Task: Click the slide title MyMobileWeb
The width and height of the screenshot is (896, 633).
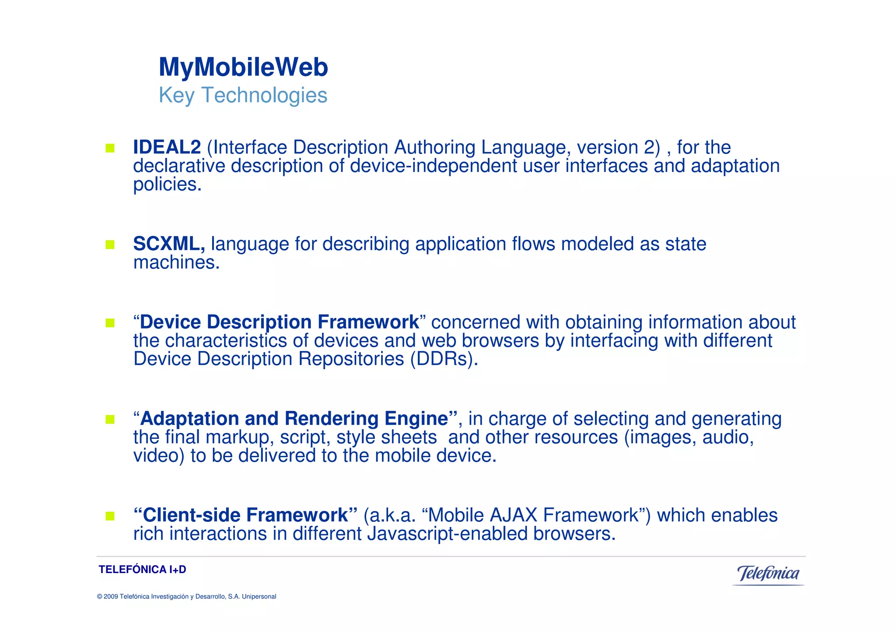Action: [x=243, y=67]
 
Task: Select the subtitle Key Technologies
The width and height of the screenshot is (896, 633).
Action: [x=243, y=95]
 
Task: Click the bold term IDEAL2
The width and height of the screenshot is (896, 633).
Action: [x=167, y=147]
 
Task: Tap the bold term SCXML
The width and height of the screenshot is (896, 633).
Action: [x=168, y=244]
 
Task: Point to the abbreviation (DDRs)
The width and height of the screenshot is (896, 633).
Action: [x=444, y=359]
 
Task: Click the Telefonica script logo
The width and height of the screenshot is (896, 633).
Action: [x=768, y=574]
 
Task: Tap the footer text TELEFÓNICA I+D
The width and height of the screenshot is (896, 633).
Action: [x=142, y=570]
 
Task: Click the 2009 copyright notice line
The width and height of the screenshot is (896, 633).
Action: [x=186, y=597]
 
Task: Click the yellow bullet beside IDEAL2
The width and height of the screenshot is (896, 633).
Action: [x=110, y=148]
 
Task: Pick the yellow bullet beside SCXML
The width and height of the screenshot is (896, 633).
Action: [x=110, y=245]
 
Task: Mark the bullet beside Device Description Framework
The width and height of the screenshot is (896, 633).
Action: [x=110, y=323]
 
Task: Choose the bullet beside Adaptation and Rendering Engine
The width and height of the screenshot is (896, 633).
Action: [x=110, y=420]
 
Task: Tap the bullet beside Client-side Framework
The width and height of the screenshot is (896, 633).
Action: [x=110, y=516]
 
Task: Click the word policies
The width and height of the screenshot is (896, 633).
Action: [x=167, y=185]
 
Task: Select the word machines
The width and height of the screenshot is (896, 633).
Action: [x=176, y=263]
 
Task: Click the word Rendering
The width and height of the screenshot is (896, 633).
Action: [x=331, y=419]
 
